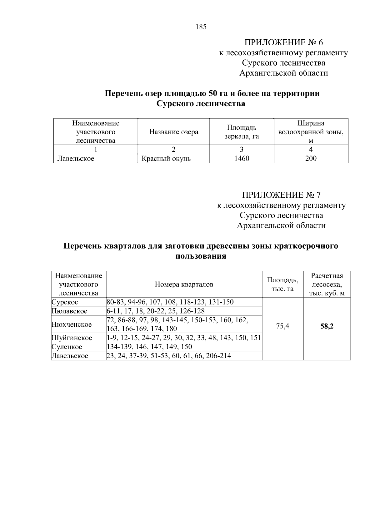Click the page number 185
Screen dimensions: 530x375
[x=201, y=27]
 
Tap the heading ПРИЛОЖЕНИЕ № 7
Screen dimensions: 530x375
[x=281, y=195]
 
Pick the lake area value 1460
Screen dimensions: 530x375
[x=242, y=159]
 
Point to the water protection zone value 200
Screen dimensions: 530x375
[x=311, y=159]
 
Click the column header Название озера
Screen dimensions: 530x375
[x=173, y=132]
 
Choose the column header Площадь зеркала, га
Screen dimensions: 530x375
[x=242, y=132]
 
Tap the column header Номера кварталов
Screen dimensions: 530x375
[x=184, y=284]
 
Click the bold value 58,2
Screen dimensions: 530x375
[x=327, y=326]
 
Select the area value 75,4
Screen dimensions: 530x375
[x=282, y=326]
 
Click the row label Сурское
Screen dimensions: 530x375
[x=65, y=302]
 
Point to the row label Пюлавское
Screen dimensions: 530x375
[x=69, y=311]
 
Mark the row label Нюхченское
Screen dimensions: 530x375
[x=72, y=324]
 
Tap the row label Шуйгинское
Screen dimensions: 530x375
[x=72, y=338]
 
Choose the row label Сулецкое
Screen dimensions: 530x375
[x=67, y=347]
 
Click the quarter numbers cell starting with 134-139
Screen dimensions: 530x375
[x=149, y=347]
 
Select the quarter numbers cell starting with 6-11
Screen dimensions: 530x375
[x=155, y=311]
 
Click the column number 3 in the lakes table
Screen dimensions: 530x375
[x=242, y=149]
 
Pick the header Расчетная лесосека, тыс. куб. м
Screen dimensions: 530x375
[x=327, y=284]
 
